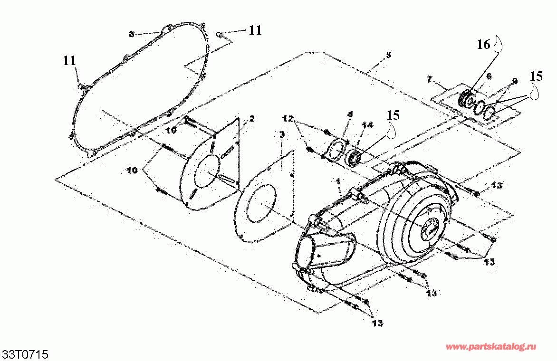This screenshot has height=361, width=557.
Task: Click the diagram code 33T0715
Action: point(26,355)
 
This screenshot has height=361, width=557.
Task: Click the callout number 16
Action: point(483,45)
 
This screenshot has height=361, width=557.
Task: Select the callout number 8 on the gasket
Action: point(132,34)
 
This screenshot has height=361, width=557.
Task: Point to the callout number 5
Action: point(388,55)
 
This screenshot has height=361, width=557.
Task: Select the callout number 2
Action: point(252,118)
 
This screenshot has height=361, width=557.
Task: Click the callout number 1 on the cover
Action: point(338,181)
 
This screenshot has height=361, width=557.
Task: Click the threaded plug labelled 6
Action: point(467,100)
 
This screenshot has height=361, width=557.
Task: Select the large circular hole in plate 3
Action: point(257,204)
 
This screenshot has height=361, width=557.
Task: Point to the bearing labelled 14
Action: point(354,157)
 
